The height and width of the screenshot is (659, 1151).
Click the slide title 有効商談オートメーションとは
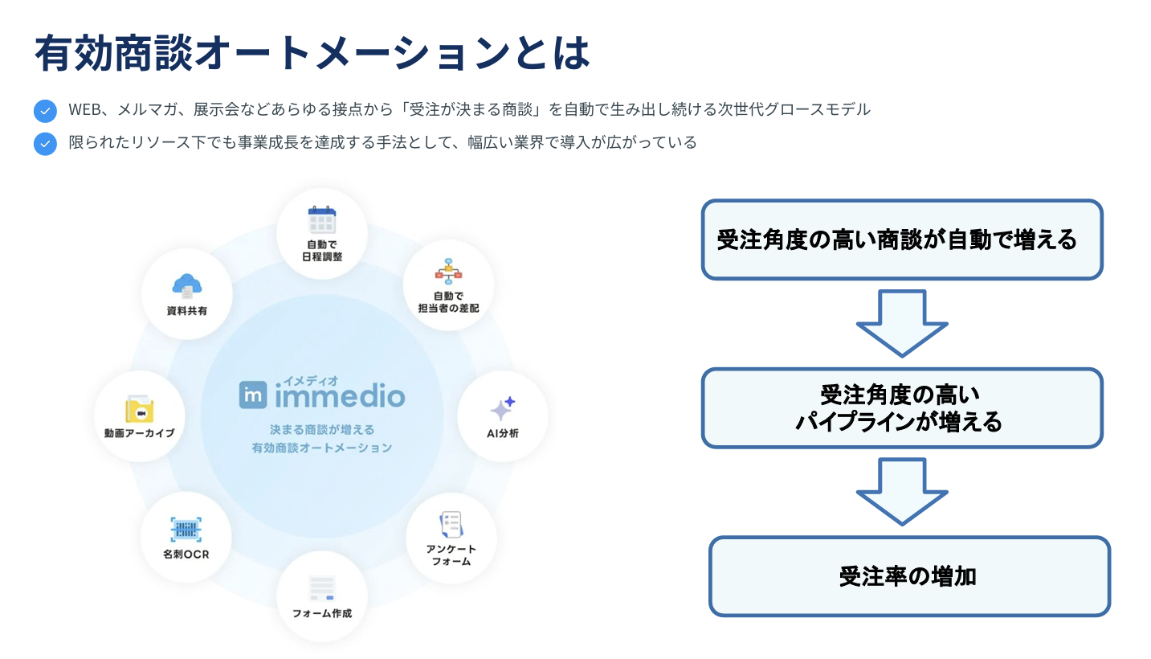(312, 52)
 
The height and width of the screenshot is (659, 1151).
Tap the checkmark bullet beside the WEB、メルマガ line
(45, 110)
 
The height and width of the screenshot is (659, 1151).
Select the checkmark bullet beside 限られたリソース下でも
(45, 143)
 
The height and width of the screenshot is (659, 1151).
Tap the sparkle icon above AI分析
(503, 408)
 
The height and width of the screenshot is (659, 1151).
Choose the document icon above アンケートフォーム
(451, 525)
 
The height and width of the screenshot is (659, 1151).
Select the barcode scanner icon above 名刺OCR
(186, 529)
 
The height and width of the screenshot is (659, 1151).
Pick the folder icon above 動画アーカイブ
(139, 409)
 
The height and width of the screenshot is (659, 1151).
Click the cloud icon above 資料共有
(186, 285)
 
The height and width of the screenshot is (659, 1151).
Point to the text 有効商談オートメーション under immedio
(322, 448)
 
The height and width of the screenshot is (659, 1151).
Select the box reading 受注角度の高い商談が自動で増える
(901, 239)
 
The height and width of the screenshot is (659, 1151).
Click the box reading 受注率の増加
(908, 576)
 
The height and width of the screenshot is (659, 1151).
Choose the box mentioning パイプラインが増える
(901, 408)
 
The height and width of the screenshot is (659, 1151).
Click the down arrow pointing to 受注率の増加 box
(902, 491)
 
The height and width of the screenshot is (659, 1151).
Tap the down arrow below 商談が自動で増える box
(902, 322)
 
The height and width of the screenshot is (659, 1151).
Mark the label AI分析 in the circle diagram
(504, 433)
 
